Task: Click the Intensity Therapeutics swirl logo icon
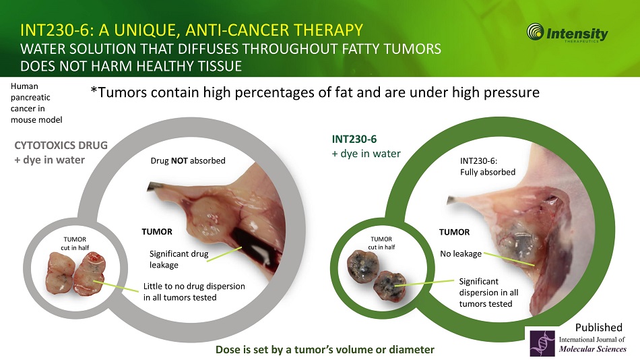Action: pos(535,32)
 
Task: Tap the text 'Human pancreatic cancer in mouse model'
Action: pos(36,103)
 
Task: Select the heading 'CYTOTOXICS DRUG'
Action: pos(61,145)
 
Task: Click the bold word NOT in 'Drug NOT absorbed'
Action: pos(179,160)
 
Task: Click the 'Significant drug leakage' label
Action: pos(179,260)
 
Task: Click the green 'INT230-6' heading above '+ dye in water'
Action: pos(354,140)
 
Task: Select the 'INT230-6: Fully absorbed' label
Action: pos(488,167)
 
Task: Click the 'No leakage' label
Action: pos(461,253)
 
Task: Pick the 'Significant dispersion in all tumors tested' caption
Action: pos(488,293)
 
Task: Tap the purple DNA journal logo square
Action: pos(542,343)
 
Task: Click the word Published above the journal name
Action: pos(599,328)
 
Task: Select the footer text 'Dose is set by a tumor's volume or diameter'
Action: pos(325,350)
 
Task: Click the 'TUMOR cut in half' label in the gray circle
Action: pos(75,243)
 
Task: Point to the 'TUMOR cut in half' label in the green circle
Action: pos(381,243)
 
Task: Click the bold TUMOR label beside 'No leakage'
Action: pos(454,232)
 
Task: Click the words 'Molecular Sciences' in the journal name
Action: pos(593,349)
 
